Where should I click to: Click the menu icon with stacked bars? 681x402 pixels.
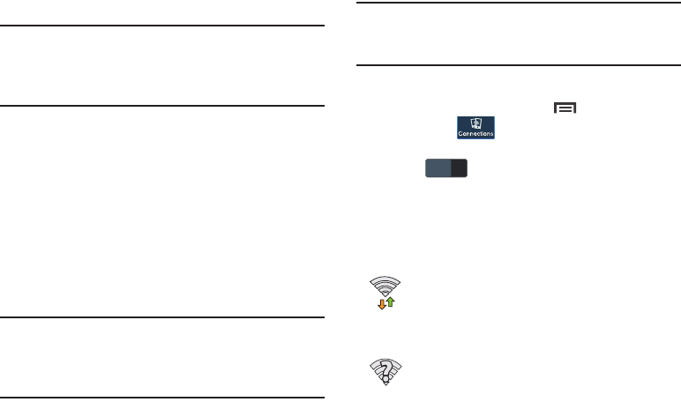tap(565, 108)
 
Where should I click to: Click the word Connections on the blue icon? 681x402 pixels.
tap(475, 134)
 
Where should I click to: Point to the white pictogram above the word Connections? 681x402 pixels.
tap(475, 123)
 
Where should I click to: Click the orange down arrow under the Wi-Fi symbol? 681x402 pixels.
tap(382, 303)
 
